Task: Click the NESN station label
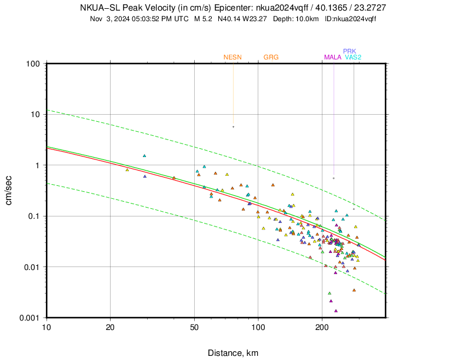point(232,57)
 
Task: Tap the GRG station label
point(271,57)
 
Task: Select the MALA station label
point(333,57)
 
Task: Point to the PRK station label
point(349,51)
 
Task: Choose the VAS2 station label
point(353,57)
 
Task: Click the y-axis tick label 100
point(32,64)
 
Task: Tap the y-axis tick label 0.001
point(28,318)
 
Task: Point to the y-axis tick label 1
point(36,165)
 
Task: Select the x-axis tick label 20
point(110,326)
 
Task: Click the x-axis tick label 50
point(195,326)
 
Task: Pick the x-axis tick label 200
point(322,326)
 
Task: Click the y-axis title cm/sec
point(10,190)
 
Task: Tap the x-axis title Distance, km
point(232,353)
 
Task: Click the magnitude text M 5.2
point(202,19)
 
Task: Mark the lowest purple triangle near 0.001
point(336,311)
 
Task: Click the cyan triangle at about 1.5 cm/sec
point(144,156)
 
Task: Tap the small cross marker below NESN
point(233,126)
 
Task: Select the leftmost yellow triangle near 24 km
point(127,169)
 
